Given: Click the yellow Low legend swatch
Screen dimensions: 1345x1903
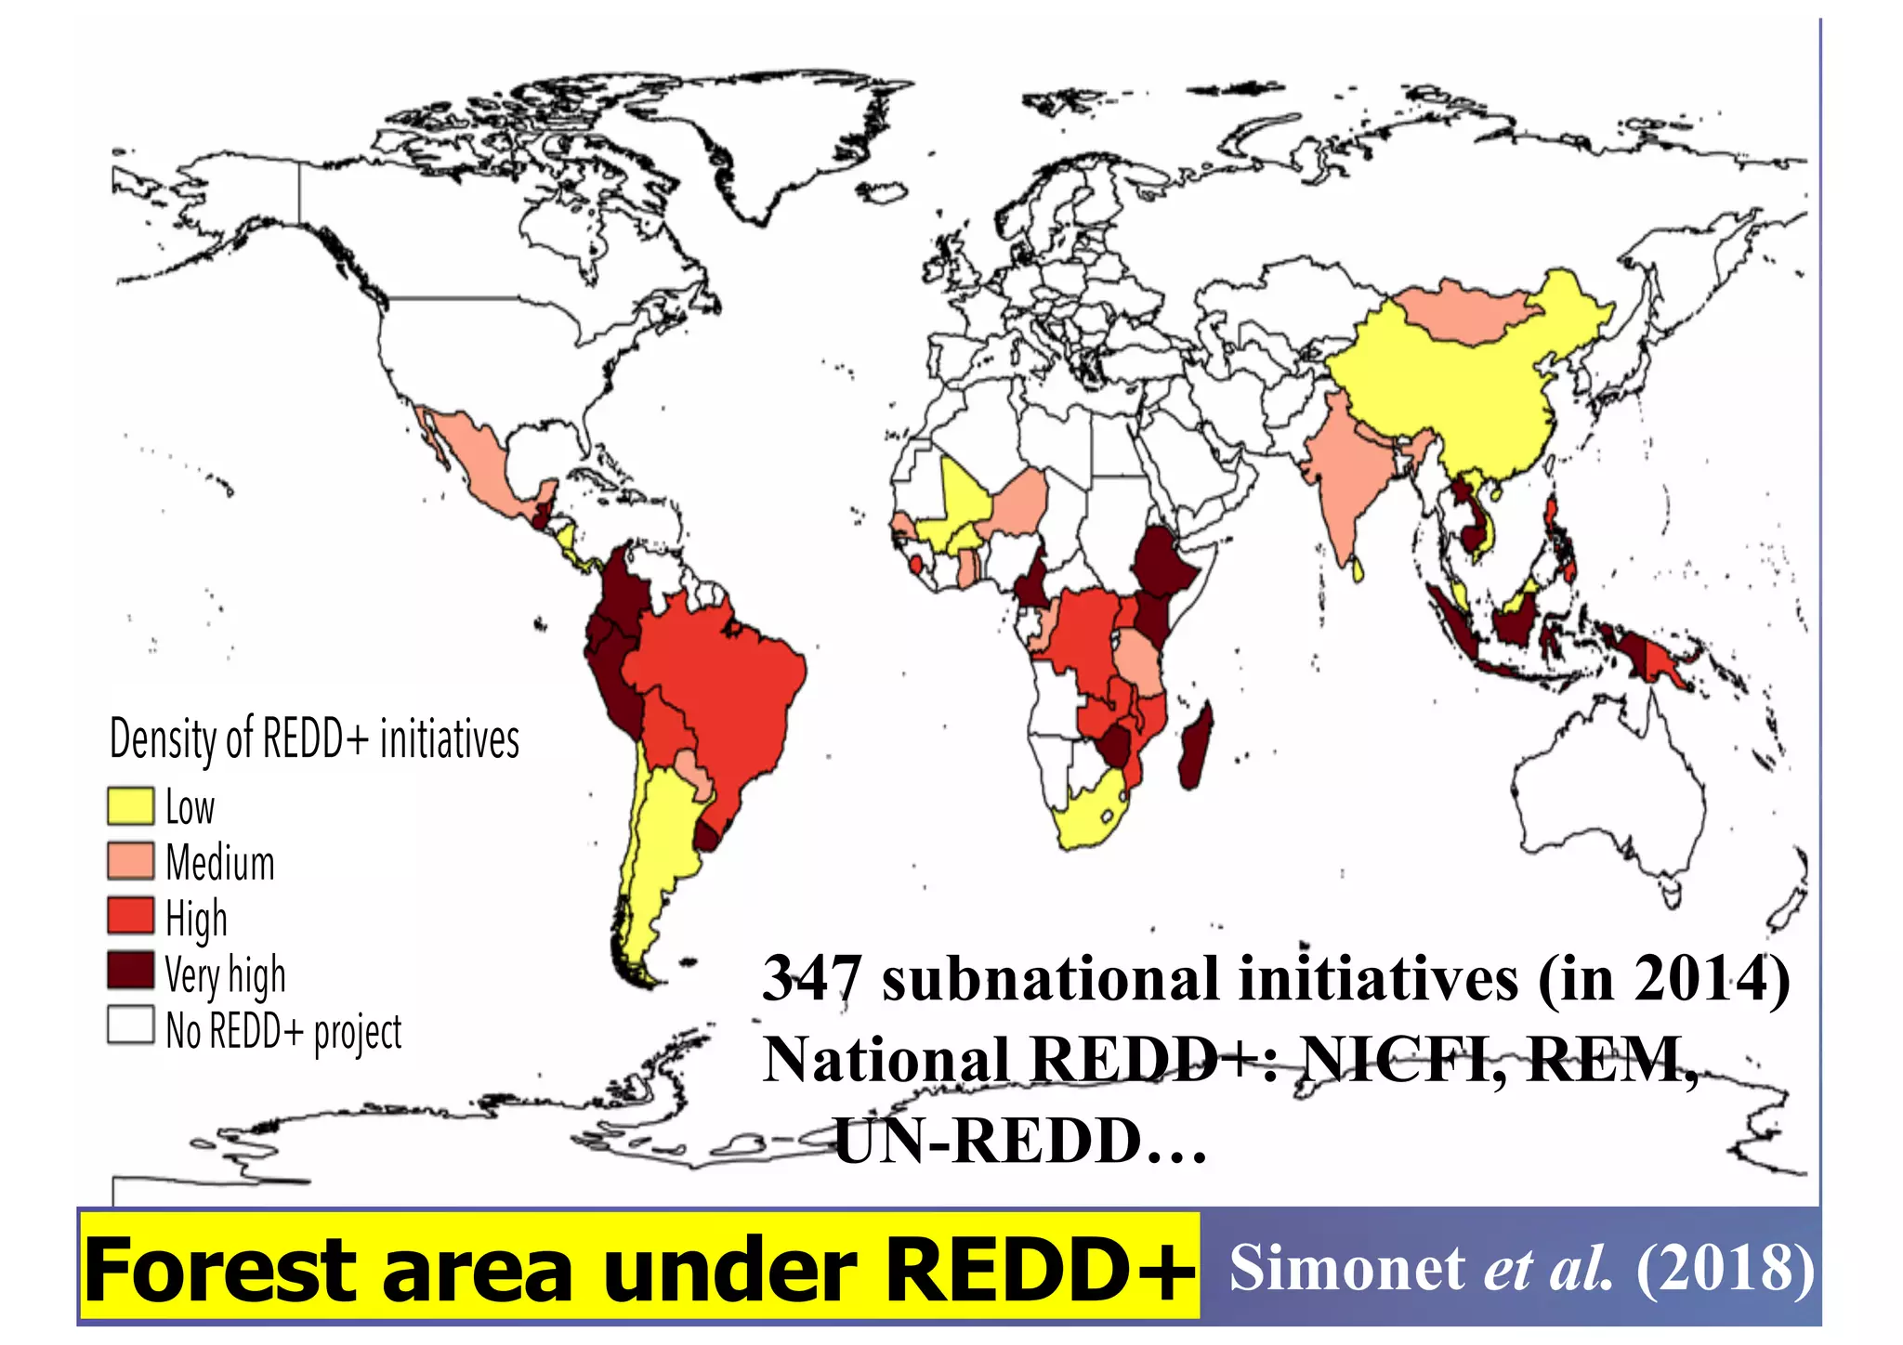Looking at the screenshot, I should pos(130,805).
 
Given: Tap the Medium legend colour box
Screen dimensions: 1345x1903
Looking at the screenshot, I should pos(130,861).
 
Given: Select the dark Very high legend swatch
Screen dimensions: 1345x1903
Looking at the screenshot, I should pos(130,970).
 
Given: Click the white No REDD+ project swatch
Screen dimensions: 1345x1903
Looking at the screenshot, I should pos(130,1025).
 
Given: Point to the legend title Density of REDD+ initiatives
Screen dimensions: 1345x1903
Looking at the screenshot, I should pos(314,739).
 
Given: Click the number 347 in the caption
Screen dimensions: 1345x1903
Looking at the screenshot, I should pos(810,979).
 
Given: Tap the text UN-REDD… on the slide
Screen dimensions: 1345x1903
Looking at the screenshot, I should pos(1019,1142).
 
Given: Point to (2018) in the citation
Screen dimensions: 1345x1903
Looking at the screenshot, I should pos(1724,1269).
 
